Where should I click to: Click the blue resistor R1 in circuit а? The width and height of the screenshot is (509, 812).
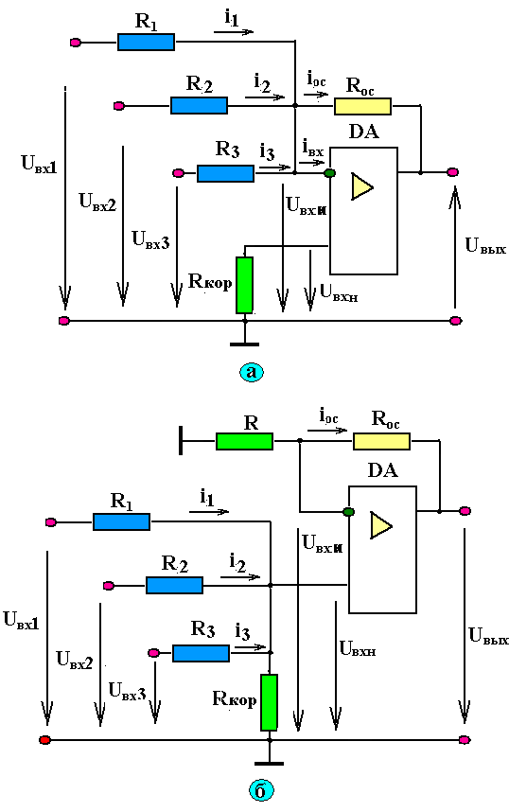(x=146, y=42)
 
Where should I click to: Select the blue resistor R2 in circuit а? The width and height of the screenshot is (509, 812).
(x=199, y=106)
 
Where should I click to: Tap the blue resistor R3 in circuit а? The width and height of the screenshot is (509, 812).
(x=226, y=173)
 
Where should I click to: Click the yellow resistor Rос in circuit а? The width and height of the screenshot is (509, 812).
(x=362, y=106)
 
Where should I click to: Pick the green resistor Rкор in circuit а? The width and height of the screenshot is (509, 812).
(x=244, y=286)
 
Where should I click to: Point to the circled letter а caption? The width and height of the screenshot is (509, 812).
(x=252, y=372)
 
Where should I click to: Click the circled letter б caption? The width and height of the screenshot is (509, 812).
(x=260, y=790)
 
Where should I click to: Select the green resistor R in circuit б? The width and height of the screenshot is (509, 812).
(x=244, y=441)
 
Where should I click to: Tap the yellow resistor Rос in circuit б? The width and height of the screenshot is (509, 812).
(x=381, y=441)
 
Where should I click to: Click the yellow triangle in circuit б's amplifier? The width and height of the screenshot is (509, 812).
(x=381, y=525)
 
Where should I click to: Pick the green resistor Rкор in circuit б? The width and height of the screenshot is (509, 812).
(x=270, y=702)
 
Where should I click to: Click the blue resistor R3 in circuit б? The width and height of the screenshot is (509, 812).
(x=201, y=653)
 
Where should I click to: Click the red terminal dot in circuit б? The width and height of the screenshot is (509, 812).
(x=45, y=740)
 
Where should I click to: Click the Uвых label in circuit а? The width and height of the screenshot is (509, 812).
(x=485, y=246)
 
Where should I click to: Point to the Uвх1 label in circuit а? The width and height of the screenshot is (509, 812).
(x=39, y=164)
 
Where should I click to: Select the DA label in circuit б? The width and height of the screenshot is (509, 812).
(x=382, y=470)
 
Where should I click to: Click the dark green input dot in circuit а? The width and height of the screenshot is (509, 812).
(x=329, y=173)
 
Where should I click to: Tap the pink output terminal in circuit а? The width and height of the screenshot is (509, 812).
(x=452, y=172)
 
